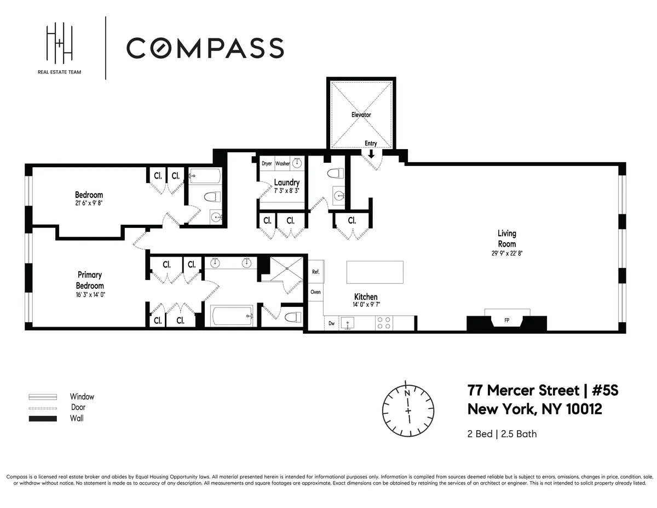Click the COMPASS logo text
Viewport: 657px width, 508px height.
[x=205, y=48]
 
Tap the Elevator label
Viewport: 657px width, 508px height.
[x=361, y=115]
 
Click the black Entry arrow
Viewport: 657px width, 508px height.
[x=371, y=153]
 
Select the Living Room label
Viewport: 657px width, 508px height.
[x=506, y=239]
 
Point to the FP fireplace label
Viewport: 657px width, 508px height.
[x=506, y=321]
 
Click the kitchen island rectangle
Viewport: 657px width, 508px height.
[x=375, y=272]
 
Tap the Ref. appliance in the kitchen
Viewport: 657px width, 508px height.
[x=316, y=272]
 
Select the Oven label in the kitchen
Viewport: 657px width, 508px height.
[x=316, y=292]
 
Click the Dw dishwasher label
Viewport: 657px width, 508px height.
[x=331, y=323]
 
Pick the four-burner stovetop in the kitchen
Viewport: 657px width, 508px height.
[x=383, y=323]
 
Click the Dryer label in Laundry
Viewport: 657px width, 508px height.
[x=267, y=163]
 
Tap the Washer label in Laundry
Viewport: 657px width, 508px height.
[x=283, y=163]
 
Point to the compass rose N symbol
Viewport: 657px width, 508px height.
[x=407, y=393]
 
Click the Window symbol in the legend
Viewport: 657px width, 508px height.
[x=43, y=397]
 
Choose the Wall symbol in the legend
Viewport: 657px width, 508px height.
[x=43, y=419]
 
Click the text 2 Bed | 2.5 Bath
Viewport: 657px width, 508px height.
[x=502, y=434]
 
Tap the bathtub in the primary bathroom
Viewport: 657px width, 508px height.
[x=232, y=316]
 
